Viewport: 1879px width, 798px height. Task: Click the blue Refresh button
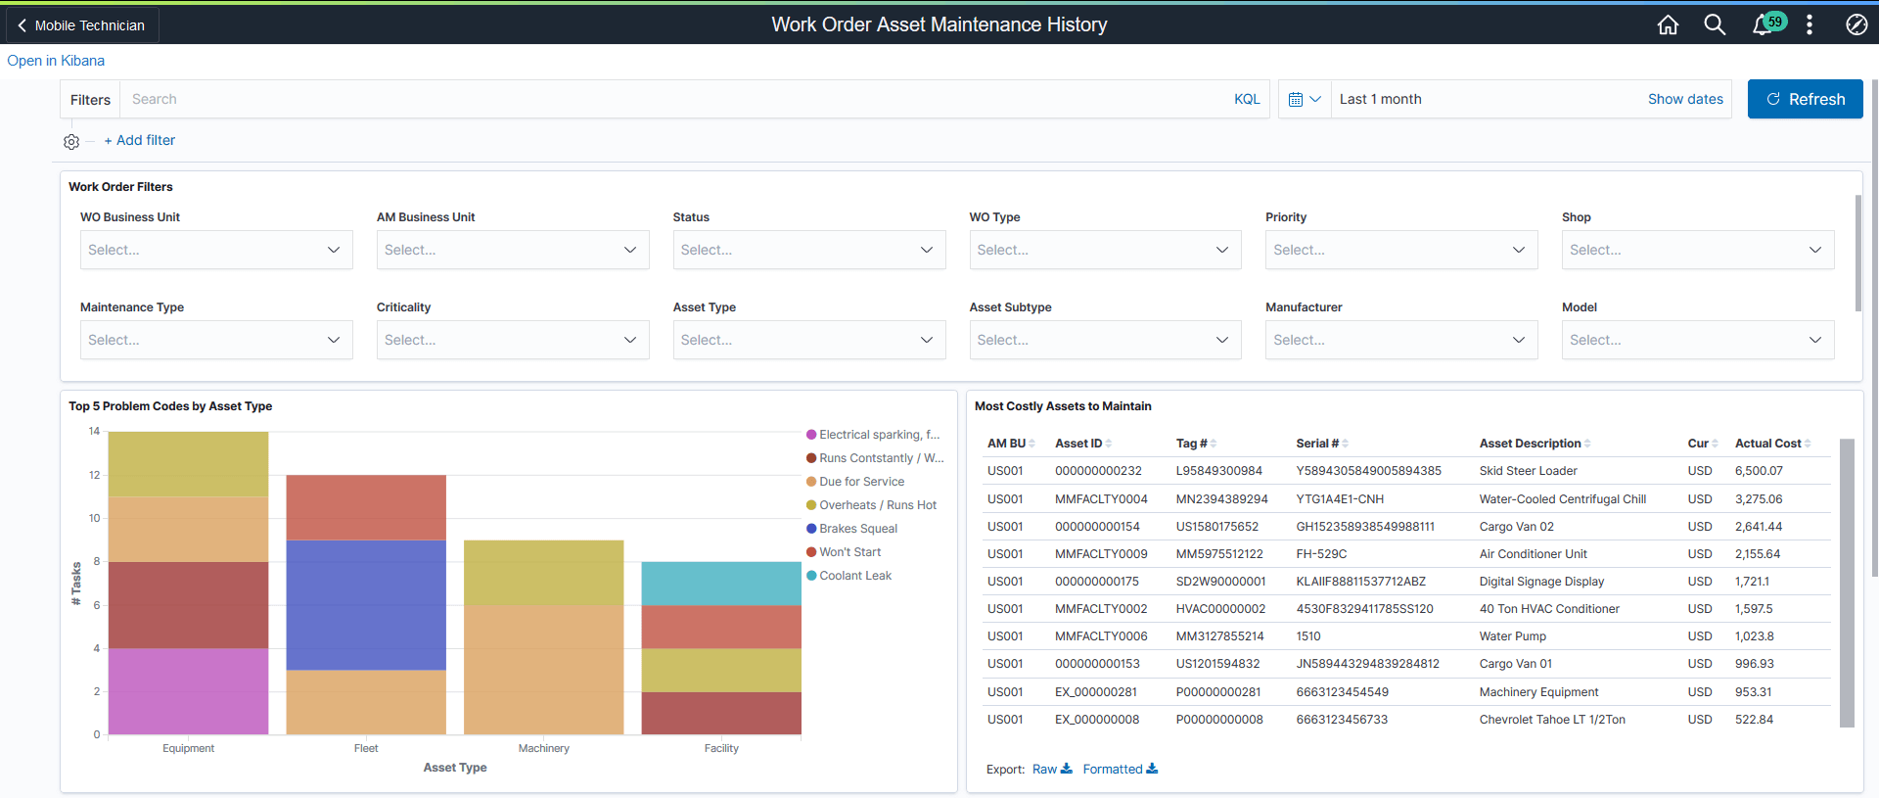(1805, 99)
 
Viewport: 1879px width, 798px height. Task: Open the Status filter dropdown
(808, 250)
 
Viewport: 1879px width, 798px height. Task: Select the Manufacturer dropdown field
(1400, 340)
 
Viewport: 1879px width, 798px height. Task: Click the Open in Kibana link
(56, 61)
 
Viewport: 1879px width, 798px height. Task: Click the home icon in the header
(1668, 24)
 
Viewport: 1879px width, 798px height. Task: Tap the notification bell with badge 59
(1763, 24)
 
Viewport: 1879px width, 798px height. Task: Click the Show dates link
(1685, 99)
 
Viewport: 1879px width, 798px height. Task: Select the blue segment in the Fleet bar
(366, 604)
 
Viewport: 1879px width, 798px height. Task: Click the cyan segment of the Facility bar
(721, 583)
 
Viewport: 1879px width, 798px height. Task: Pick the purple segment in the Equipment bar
(188, 690)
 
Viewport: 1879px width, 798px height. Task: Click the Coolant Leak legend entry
(854, 576)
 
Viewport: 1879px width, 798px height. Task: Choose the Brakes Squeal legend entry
(857, 529)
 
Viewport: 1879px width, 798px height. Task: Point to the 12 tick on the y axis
(95, 475)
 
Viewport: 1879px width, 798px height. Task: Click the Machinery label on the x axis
(543, 748)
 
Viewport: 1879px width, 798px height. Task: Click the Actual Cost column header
(1767, 444)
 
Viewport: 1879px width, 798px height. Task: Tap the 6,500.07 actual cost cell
(1759, 471)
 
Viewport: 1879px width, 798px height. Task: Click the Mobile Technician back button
(82, 25)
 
